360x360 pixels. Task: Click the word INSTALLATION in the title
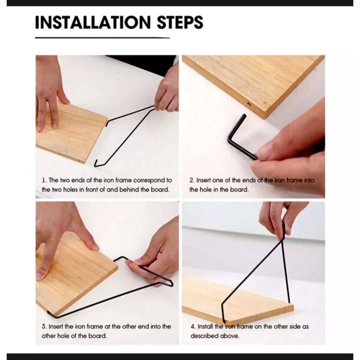[x=93, y=22]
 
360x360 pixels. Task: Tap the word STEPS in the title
[x=180, y=22]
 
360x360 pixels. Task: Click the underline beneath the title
[x=102, y=38]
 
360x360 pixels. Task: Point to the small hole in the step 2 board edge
[x=249, y=104]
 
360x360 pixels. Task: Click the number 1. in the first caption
[x=44, y=180]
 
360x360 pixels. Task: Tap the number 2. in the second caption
[x=192, y=180]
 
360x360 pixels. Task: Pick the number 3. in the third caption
[x=44, y=327]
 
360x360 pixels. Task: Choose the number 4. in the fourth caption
[x=193, y=327]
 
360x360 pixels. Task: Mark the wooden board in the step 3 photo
[x=76, y=273]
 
